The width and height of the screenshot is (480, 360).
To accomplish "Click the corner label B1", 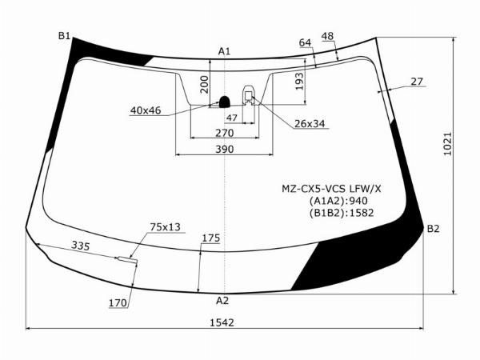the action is pos(64,36).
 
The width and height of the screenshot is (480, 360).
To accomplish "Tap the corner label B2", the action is pos(433,229).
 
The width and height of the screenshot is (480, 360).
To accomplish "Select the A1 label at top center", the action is pos(224,51).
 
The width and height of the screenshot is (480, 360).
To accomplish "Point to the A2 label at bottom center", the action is pos(222,301).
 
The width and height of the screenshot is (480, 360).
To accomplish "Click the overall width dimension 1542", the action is pos(222,322).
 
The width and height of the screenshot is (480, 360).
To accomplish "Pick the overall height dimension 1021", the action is pos(447,144).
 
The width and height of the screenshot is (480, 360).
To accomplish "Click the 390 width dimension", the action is pos(224,149).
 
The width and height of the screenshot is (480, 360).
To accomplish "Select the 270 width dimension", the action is pos(224,133).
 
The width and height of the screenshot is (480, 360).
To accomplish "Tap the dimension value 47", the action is pos(232,118).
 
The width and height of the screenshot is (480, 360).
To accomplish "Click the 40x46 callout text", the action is pos(146,110).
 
